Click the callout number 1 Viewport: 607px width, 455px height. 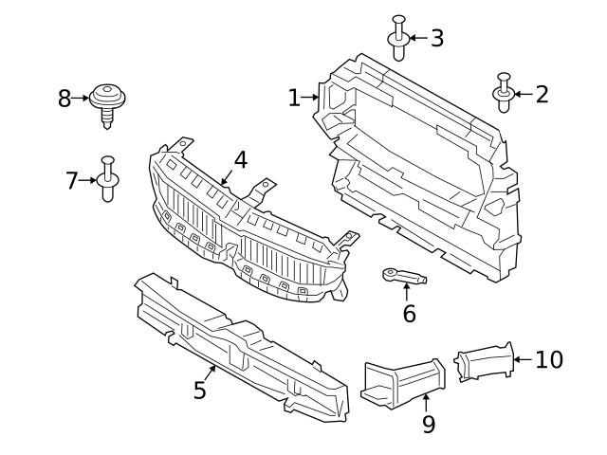295,97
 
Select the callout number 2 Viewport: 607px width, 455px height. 542,94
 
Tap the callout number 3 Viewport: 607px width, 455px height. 436,38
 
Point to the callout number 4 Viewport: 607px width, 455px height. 241,159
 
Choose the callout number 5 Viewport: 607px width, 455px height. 200,390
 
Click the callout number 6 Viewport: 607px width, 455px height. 409,313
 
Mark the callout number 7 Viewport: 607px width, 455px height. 72,179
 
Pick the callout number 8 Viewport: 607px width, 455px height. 64,98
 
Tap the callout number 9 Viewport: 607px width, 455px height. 428,424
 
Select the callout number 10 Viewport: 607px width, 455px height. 549,359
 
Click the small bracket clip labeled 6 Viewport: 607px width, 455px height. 402,277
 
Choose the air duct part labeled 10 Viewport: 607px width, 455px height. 484,362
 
